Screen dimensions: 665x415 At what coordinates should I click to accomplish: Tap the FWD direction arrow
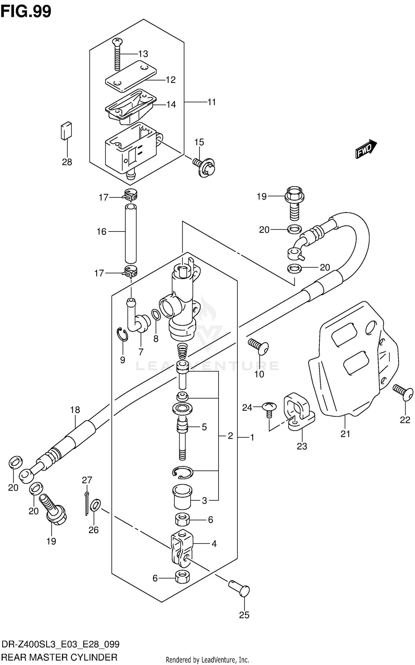point(366,150)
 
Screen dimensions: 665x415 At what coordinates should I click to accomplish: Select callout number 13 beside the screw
point(143,54)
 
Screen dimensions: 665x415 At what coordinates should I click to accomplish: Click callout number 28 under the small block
point(67,162)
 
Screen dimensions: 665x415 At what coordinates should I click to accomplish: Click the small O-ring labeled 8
point(156,315)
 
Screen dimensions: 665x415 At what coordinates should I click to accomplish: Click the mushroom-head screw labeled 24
point(269,407)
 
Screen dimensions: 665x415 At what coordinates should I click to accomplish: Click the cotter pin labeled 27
point(87,504)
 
